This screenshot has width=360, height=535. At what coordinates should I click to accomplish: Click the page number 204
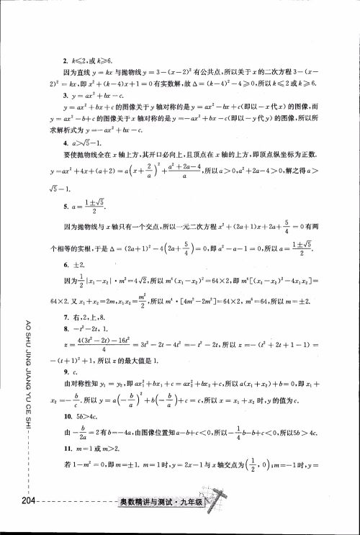point(12,500)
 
